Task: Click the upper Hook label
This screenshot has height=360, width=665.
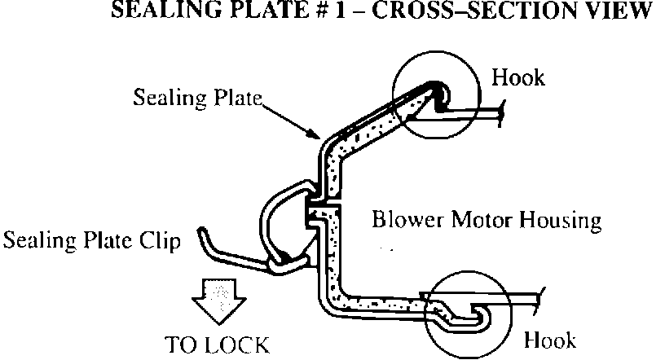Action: (518, 78)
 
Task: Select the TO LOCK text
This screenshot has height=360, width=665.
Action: (216, 344)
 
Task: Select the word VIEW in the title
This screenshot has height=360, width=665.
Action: (626, 12)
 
